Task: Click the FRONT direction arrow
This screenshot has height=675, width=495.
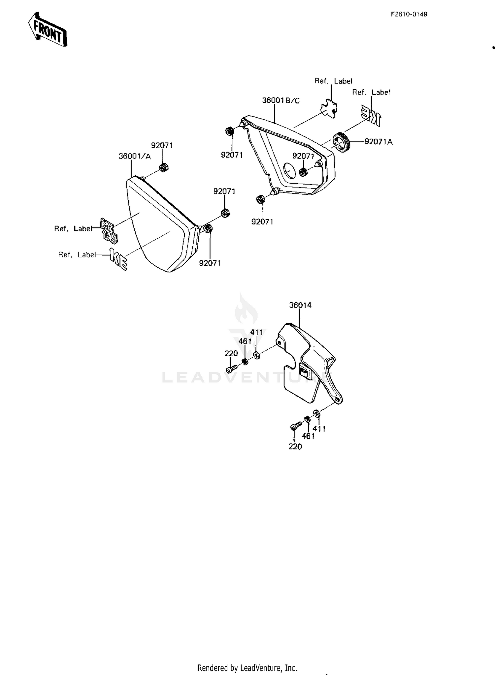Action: (x=47, y=29)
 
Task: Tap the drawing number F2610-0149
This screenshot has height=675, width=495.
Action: (x=409, y=14)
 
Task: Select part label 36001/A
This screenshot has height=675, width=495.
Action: (x=135, y=156)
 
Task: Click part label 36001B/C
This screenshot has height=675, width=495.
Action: (x=281, y=100)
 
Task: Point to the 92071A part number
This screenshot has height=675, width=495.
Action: (x=379, y=142)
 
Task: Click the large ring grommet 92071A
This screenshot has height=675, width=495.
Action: (x=341, y=142)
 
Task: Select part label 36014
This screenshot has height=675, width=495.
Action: (x=300, y=305)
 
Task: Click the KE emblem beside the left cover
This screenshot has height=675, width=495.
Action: (x=118, y=259)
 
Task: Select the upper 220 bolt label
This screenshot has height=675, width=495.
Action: (x=231, y=353)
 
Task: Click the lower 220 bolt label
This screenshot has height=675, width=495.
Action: (x=295, y=446)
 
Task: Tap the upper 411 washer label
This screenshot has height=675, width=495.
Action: (x=257, y=332)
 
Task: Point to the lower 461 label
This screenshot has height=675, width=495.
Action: (x=308, y=436)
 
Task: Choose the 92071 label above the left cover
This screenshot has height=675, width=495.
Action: (x=162, y=145)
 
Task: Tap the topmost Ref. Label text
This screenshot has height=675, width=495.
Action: (x=333, y=81)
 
